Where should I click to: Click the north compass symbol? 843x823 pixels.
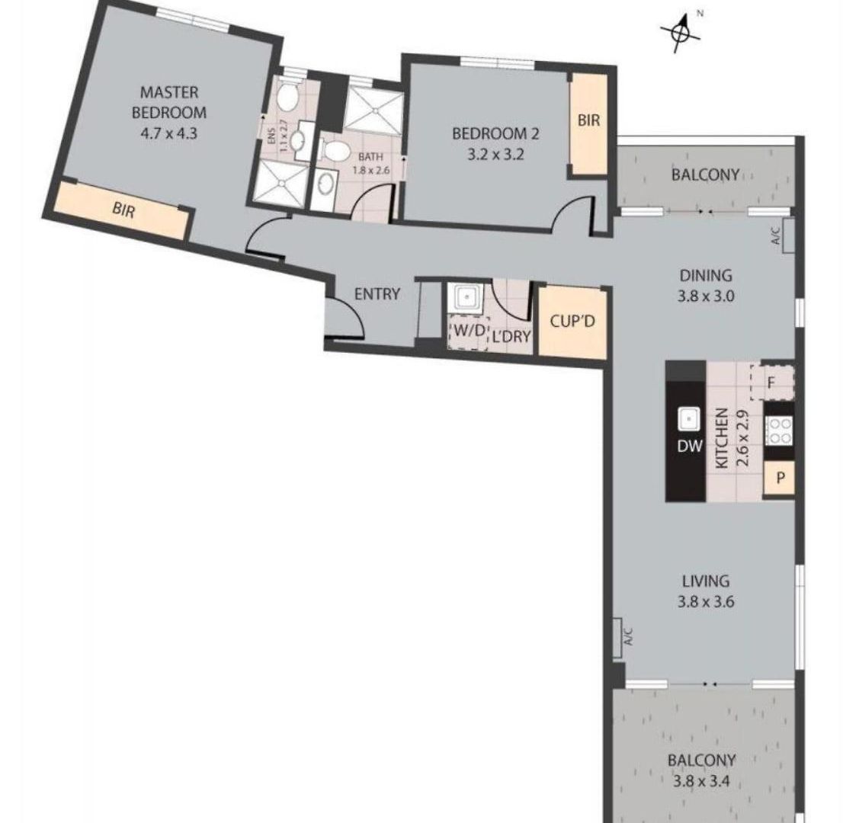(x=681, y=33)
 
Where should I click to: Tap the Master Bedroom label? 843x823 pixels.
(x=169, y=102)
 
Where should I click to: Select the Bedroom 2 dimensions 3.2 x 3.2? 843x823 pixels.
(x=495, y=155)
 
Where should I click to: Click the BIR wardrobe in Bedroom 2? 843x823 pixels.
(x=588, y=123)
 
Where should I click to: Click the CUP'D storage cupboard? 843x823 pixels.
(x=572, y=322)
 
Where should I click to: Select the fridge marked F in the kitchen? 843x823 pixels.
(x=772, y=383)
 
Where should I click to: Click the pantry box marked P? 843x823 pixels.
(x=779, y=478)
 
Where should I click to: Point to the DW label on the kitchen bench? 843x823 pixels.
(x=689, y=445)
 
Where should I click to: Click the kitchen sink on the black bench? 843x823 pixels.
(x=688, y=419)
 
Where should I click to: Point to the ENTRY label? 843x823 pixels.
(x=377, y=294)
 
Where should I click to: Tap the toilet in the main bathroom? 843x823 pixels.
(x=335, y=151)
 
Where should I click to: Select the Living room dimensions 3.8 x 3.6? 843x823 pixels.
(x=705, y=602)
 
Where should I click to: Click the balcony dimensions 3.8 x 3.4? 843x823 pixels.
(x=701, y=781)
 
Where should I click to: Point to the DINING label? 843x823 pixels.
(x=705, y=275)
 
